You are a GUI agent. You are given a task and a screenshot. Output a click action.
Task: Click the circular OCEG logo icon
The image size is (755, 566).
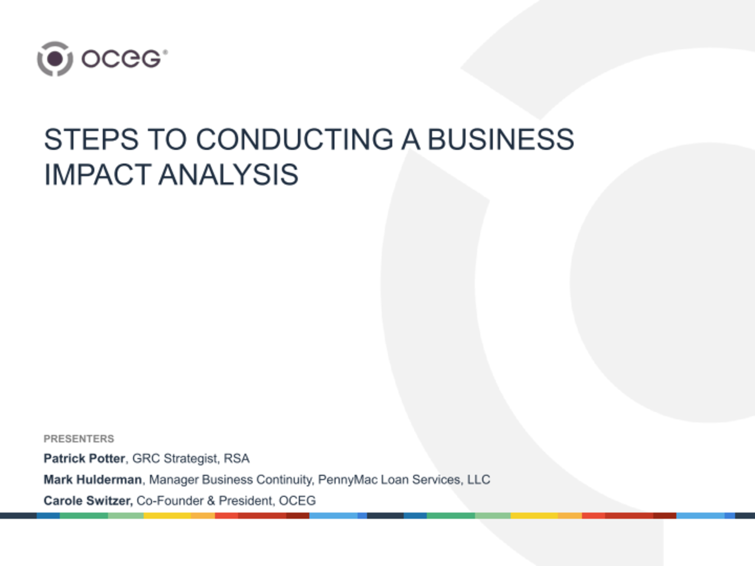click(55, 59)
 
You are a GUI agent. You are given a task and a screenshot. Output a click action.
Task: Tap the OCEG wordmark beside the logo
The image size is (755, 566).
click(124, 59)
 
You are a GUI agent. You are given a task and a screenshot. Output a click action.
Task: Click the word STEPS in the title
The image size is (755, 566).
click(91, 140)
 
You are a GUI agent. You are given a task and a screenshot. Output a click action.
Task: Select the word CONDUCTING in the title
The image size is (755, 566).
click(295, 140)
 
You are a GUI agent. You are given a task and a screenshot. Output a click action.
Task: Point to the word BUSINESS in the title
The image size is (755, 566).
click(501, 140)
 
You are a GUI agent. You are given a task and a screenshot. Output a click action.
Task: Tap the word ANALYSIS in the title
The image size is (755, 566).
click(229, 175)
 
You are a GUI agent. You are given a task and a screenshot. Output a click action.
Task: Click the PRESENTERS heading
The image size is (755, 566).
click(79, 439)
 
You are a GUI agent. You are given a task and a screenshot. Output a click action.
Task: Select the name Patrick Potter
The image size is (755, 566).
click(84, 459)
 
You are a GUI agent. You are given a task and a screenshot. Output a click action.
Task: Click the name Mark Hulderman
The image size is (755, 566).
click(93, 480)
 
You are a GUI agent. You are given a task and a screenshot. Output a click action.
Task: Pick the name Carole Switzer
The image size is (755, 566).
click(88, 500)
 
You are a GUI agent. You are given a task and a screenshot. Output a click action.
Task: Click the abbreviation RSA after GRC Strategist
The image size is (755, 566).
click(236, 459)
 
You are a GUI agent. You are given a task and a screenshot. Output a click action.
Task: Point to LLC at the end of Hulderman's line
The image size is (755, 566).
click(479, 480)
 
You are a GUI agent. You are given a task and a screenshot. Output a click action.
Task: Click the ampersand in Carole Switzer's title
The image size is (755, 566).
click(211, 500)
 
